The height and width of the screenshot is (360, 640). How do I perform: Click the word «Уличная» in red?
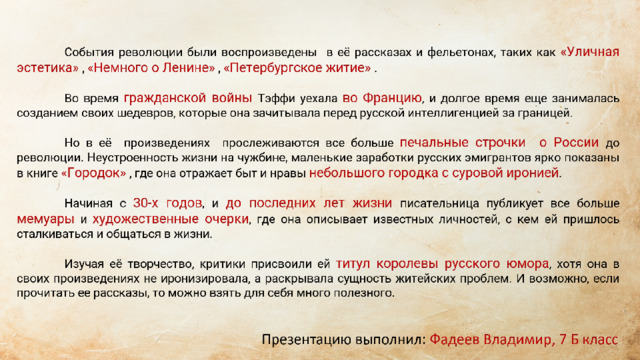click(590, 52)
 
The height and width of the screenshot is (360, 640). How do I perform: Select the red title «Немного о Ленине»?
click(151, 68)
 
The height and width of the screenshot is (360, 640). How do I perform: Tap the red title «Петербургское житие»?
click(297, 68)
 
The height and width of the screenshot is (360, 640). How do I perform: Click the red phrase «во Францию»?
click(382, 98)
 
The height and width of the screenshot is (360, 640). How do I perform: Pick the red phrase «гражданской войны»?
click(188, 98)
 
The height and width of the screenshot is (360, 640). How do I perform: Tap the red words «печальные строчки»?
click(462, 143)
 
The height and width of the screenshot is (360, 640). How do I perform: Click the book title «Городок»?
click(93, 173)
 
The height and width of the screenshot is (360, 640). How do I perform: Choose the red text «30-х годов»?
click(167, 203)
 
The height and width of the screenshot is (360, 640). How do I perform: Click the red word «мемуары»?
click(45, 219)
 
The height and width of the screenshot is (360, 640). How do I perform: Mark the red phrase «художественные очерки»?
click(170, 219)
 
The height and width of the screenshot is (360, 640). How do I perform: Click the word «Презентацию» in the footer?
click(306, 340)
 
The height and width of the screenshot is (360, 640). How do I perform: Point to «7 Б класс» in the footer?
click(589, 340)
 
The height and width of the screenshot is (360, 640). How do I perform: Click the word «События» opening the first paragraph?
click(89, 53)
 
